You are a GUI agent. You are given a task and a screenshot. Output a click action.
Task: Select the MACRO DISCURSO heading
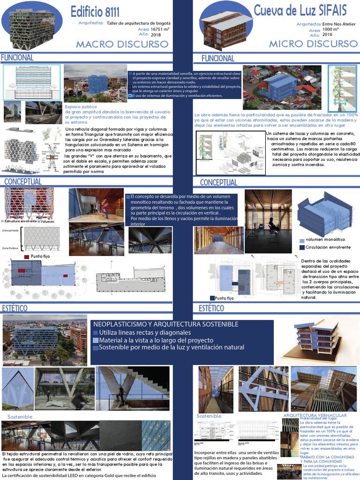pos(122,44)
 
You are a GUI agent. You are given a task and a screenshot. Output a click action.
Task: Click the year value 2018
pos(156,35)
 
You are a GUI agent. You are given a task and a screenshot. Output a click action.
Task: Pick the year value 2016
pos(327,34)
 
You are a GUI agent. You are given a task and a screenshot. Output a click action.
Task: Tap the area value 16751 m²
pos(160,29)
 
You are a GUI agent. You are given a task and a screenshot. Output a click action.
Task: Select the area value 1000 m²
pos(330,29)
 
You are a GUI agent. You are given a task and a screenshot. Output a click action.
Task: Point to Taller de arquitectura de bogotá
pos(139,23)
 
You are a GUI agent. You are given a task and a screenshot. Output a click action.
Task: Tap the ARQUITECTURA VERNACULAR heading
pos(315,415)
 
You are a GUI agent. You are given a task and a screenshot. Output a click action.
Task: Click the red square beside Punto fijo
pos(26,256)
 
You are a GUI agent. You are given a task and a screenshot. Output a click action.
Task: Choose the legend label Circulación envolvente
pos(328,247)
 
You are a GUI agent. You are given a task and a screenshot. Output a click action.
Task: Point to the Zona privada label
pos(10,231)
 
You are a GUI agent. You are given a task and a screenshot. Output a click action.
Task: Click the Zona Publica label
pos(10,247)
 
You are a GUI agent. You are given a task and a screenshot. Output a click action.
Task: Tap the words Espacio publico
pos(81,107)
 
